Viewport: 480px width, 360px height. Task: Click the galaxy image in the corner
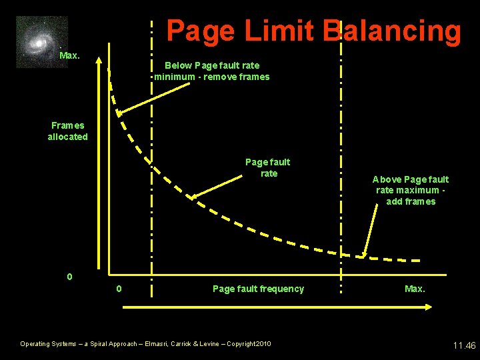[x=41, y=42]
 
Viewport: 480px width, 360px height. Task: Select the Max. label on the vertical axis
[x=69, y=55]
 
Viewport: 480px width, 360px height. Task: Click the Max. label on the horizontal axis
[x=415, y=289]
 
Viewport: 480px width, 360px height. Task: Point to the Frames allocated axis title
[x=67, y=131]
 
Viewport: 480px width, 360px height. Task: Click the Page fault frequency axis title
[x=258, y=289]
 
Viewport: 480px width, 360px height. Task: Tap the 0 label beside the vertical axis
[x=70, y=276]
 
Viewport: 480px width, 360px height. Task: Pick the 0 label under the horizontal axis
[x=119, y=289]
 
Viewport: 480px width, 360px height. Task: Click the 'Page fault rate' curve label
[x=268, y=167]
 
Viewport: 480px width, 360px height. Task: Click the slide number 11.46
[x=464, y=345]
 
